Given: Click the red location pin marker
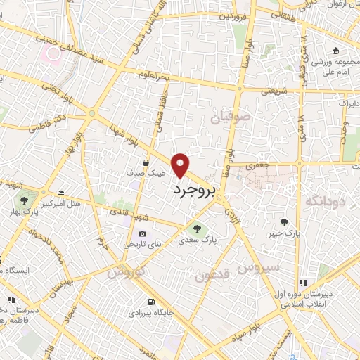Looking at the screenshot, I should pos(181,165).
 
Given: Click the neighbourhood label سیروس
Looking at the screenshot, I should pos(258,268).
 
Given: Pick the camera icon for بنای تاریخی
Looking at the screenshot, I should pos(143,233).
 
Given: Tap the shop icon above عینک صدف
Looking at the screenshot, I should pos(147,161).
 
